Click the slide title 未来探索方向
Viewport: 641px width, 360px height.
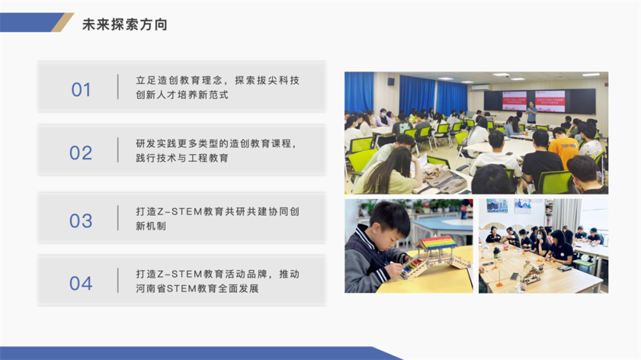(125, 24)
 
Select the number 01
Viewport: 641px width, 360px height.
(81, 90)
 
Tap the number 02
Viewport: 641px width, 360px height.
(81, 153)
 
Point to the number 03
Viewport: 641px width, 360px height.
(81, 220)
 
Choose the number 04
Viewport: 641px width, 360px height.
(81, 283)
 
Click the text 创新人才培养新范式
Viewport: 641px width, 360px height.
(182, 95)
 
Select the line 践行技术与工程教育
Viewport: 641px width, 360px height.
(182, 158)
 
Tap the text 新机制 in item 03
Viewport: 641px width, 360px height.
(151, 226)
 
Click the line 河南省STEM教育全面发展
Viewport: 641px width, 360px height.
(197, 288)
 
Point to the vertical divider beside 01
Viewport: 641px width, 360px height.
(118, 86)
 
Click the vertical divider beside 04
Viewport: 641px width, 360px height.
(118, 281)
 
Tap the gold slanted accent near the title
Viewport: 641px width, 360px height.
(62, 22)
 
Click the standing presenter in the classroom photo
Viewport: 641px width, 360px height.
(531, 112)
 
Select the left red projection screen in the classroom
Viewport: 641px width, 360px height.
(514, 101)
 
